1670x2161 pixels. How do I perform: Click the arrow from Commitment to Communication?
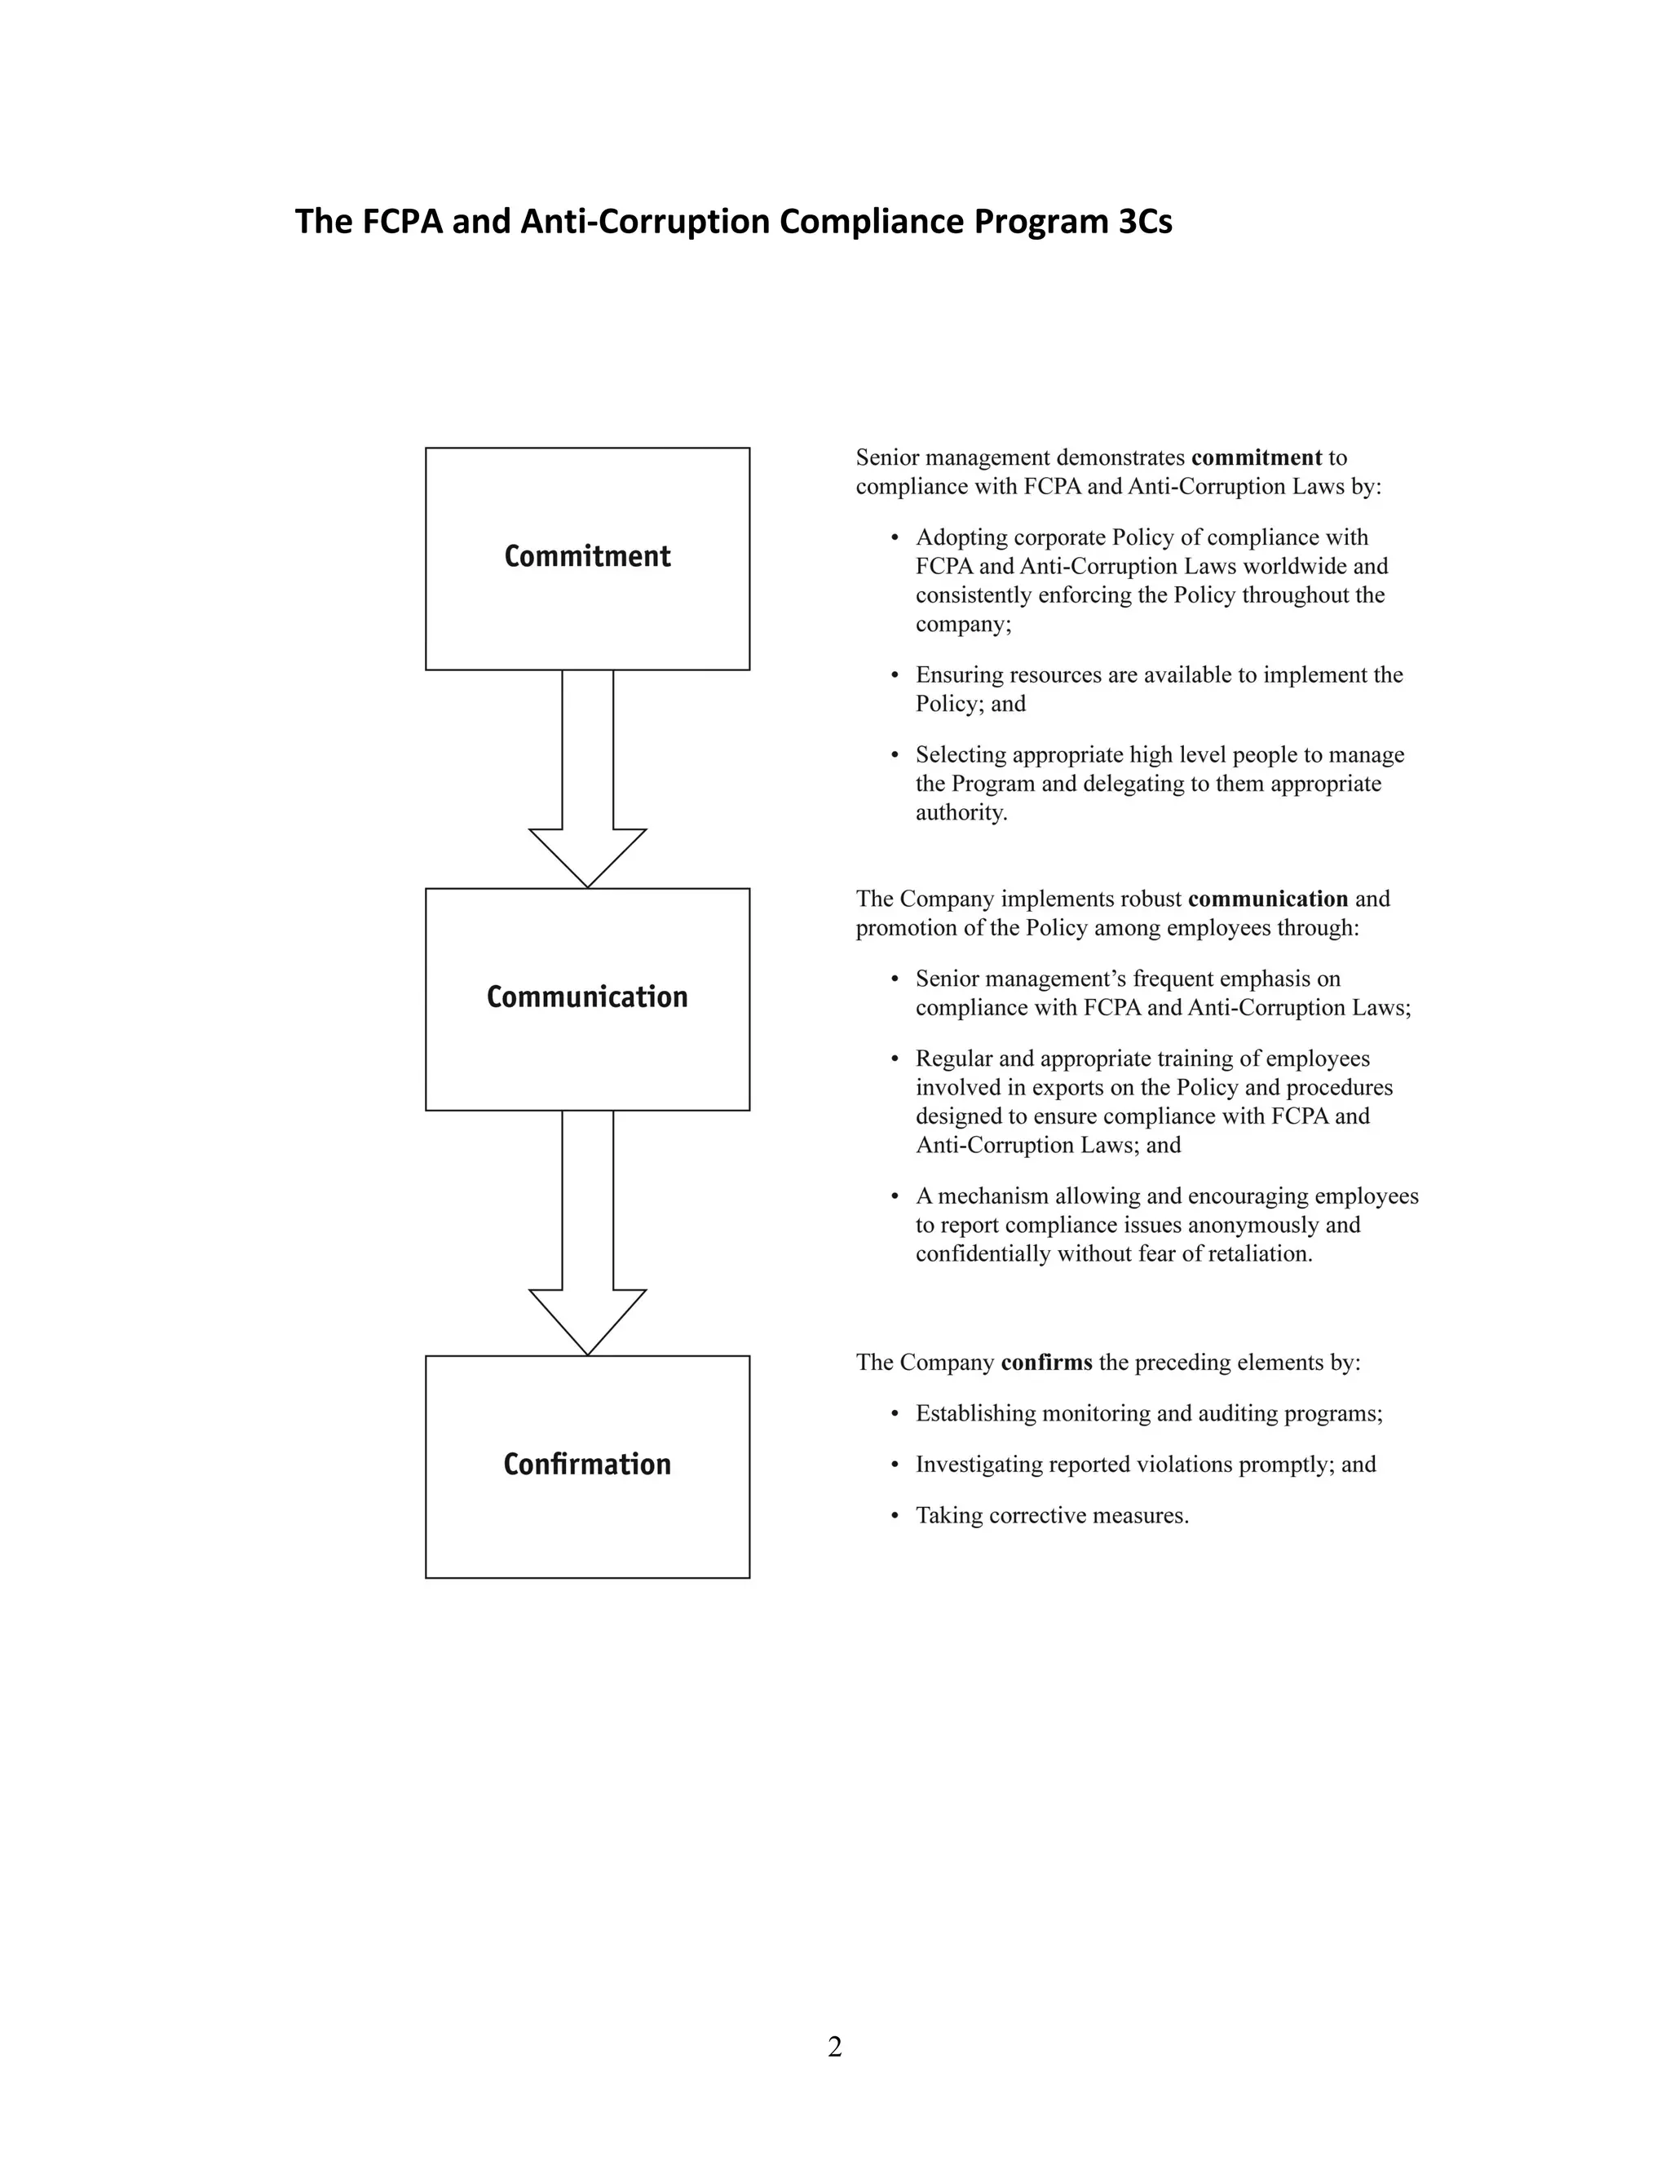click(x=588, y=782)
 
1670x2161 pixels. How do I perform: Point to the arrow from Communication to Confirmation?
click(x=588, y=1237)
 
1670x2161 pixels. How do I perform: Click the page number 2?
click(x=835, y=2046)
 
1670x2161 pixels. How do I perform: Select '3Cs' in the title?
click(x=1145, y=222)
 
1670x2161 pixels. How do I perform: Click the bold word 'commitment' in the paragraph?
click(x=1257, y=457)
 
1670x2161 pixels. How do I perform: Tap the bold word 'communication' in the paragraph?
click(x=1267, y=899)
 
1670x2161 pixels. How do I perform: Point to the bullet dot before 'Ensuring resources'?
click(x=895, y=676)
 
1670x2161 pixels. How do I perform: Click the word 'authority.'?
click(x=961, y=812)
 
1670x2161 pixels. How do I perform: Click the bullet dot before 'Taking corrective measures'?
click(x=895, y=1516)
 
